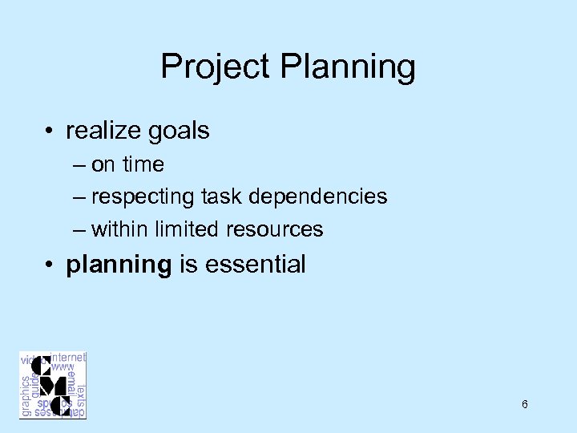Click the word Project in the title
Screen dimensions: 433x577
click(x=215, y=67)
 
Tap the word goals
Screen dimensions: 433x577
click(x=182, y=131)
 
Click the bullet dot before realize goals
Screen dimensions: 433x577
click(x=51, y=131)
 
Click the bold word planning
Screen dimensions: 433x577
click(x=119, y=265)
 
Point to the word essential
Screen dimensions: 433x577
click(x=255, y=265)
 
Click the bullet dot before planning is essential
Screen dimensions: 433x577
click(x=51, y=265)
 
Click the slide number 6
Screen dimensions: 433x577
click(x=524, y=404)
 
